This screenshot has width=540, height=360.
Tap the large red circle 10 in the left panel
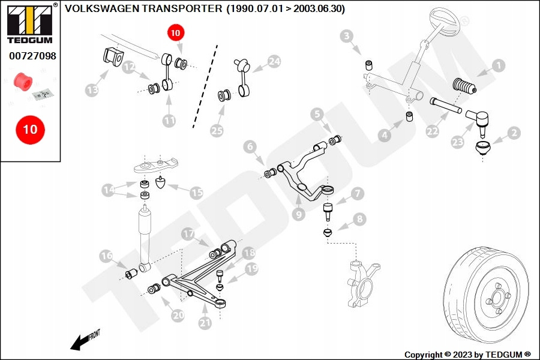29,129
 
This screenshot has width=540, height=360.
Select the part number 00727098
32,56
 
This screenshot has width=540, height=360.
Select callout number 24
274,61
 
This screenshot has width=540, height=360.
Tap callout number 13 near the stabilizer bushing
92,90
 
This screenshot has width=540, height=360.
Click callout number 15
196,193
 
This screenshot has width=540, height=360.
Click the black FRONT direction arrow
80,343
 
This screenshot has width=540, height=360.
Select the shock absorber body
144,237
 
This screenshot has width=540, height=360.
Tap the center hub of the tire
496,297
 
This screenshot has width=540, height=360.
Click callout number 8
359,220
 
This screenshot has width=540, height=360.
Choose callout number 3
347,37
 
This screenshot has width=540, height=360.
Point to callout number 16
106,256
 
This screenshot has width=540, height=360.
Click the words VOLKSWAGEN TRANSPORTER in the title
144,9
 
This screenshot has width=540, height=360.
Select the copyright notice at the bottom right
467,355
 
